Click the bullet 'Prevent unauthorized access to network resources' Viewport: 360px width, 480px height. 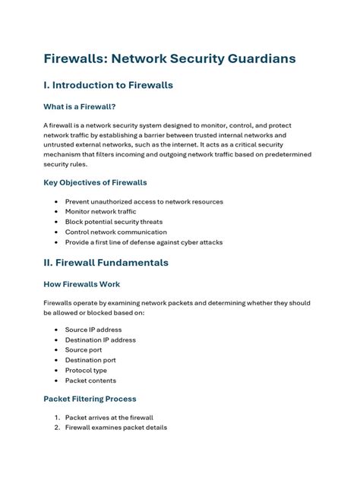click(x=144, y=202)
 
